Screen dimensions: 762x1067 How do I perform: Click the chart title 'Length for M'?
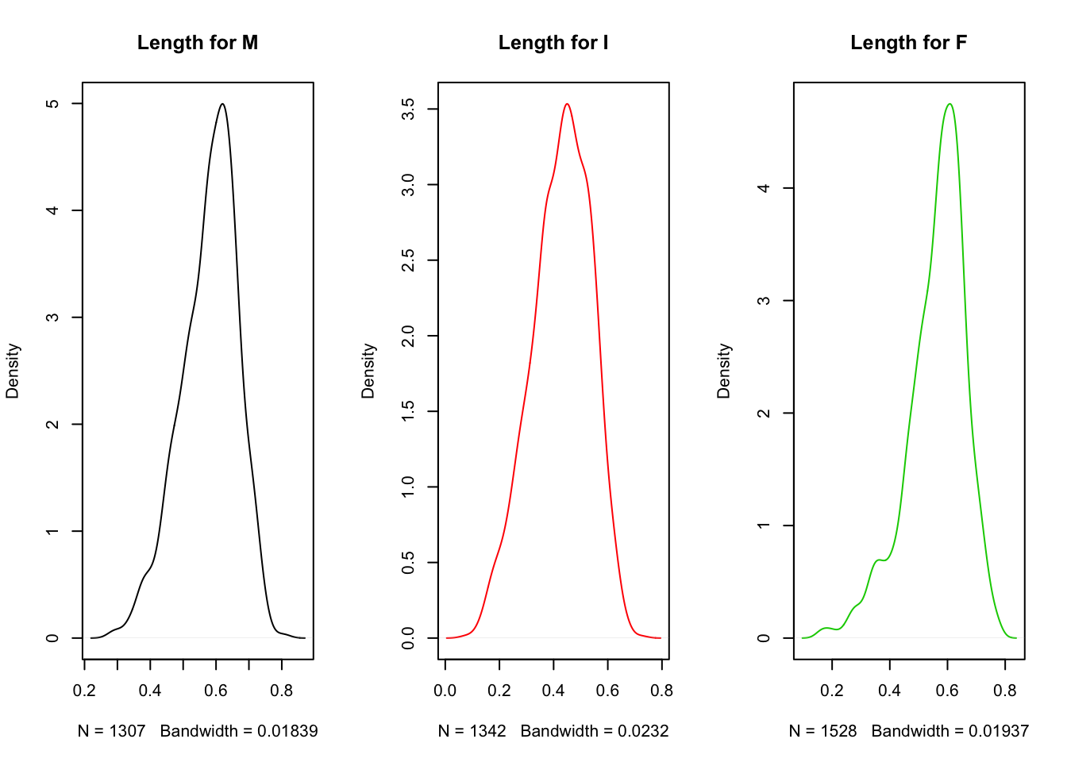click(198, 43)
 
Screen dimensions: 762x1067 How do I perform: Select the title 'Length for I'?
click(553, 43)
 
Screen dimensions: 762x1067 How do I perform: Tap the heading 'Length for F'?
click(909, 43)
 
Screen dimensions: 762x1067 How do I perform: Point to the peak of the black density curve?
click(222, 104)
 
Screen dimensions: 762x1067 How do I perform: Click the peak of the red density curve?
click(567, 104)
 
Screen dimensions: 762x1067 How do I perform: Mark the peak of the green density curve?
click(949, 104)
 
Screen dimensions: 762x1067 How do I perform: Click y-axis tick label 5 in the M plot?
click(52, 104)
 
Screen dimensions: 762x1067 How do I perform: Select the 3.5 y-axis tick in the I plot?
click(408, 109)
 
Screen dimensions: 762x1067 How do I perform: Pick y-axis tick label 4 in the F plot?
click(764, 188)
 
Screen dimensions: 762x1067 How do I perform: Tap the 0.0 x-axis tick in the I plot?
click(445, 691)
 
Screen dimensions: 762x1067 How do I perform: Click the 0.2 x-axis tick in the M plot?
click(84, 691)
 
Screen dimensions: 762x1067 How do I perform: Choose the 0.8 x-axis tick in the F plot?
click(1005, 691)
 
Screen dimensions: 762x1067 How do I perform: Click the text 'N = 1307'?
click(112, 731)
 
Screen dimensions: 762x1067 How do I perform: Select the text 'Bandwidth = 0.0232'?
click(595, 731)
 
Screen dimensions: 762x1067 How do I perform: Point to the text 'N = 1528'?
click(823, 731)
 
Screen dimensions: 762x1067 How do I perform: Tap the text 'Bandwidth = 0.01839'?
click(239, 731)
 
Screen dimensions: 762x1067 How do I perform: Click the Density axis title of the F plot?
click(724, 371)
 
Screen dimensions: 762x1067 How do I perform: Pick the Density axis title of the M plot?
click(13, 371)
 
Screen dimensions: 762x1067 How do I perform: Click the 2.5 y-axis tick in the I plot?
click(408, 260)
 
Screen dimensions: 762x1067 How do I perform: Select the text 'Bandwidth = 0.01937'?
click(950, 731)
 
